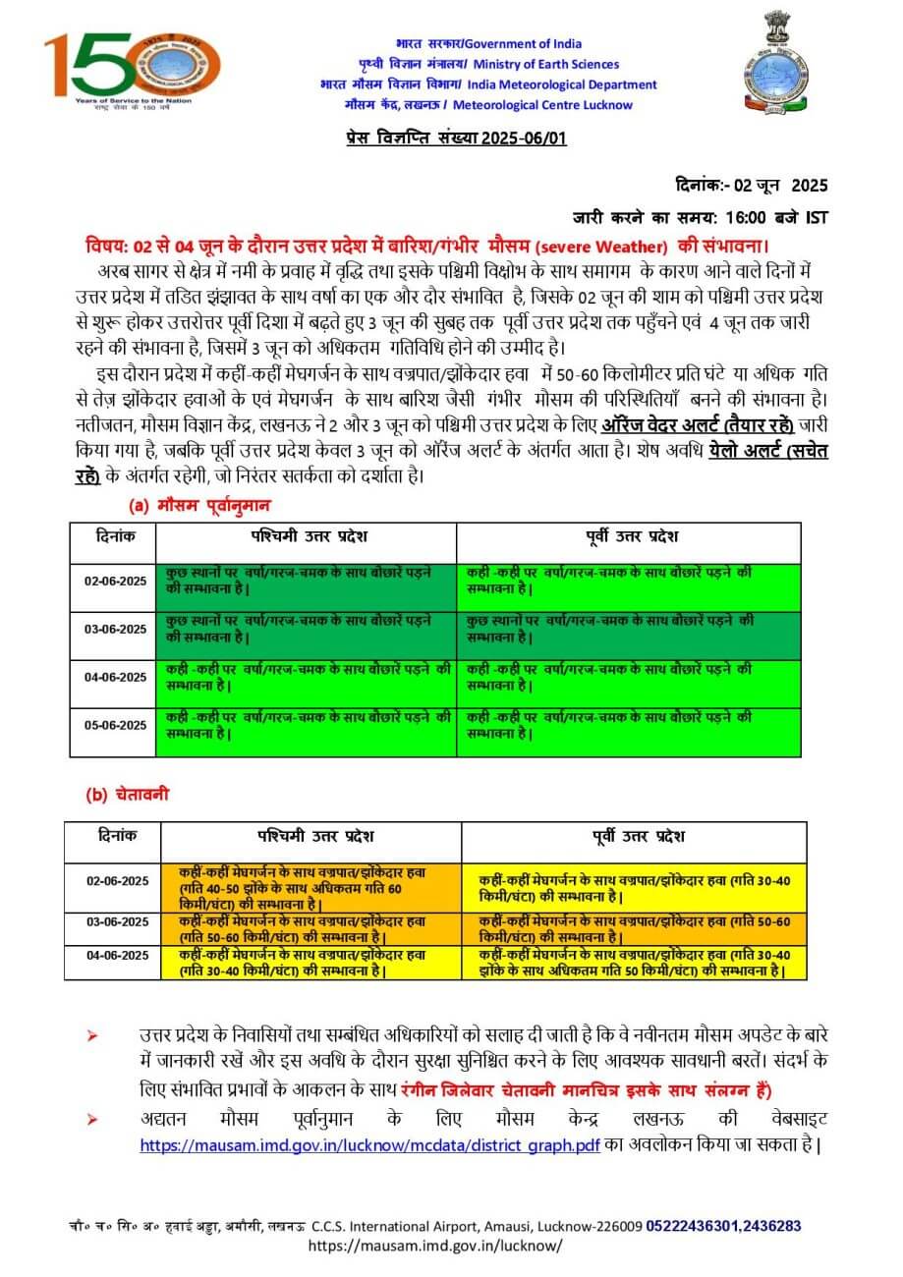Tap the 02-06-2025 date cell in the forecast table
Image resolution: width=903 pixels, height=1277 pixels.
114,582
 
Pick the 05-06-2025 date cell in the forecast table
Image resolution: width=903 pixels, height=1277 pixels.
114,725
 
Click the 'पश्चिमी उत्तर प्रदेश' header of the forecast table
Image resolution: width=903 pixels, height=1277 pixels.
306,538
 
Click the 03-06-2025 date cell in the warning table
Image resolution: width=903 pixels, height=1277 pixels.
115,921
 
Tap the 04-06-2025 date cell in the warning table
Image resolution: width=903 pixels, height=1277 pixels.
115,955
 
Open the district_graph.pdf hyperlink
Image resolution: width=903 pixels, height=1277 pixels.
368,1145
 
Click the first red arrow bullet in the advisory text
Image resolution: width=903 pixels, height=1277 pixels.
93,1036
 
